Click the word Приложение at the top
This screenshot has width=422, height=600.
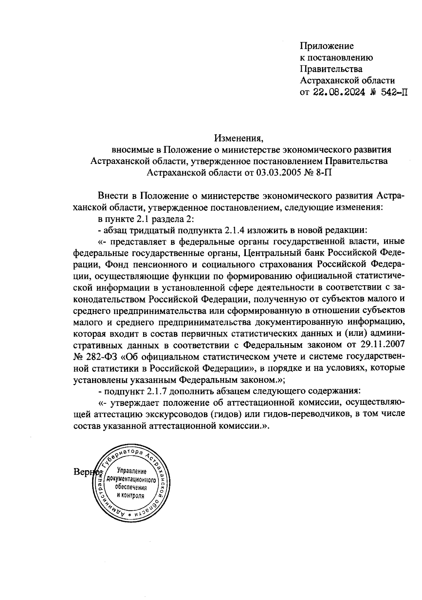pyautogui.click(x=327, y=46)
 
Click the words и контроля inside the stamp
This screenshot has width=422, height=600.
pyautogui.click(x=130, y=496)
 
